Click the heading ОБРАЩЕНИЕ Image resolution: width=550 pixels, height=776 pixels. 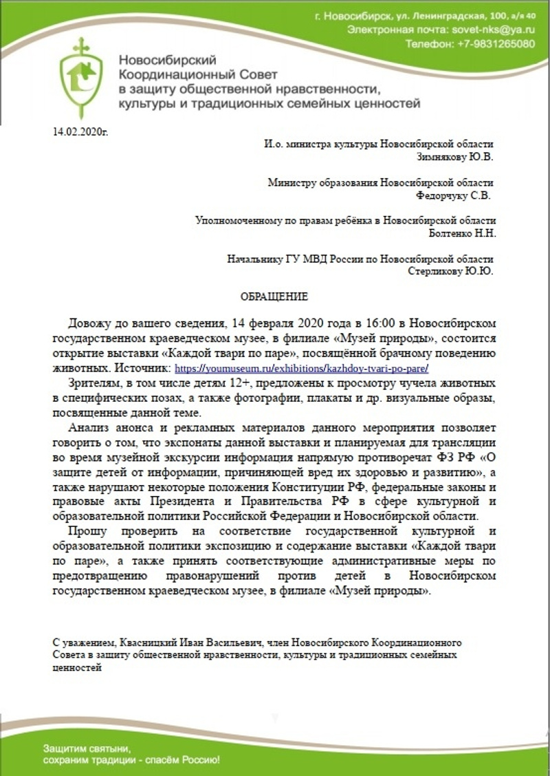click(x=274, y=297)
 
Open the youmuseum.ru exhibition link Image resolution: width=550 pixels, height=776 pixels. click(x=302, y=368)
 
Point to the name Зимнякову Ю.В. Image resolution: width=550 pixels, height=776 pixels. click(x=455, y=156)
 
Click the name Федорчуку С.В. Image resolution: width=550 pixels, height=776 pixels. click(x=454, y=195)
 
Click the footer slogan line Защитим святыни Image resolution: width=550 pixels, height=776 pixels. click(x=87, y=747)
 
